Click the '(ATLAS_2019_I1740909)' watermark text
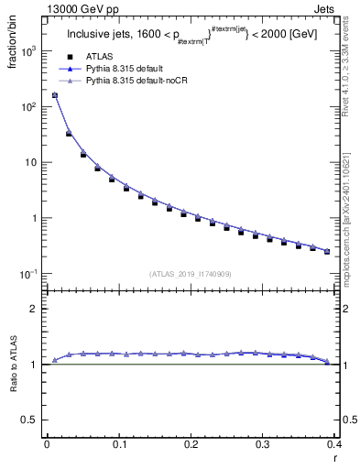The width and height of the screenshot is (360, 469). (x=191, y=273)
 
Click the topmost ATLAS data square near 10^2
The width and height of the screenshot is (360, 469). (x=54, y=95)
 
